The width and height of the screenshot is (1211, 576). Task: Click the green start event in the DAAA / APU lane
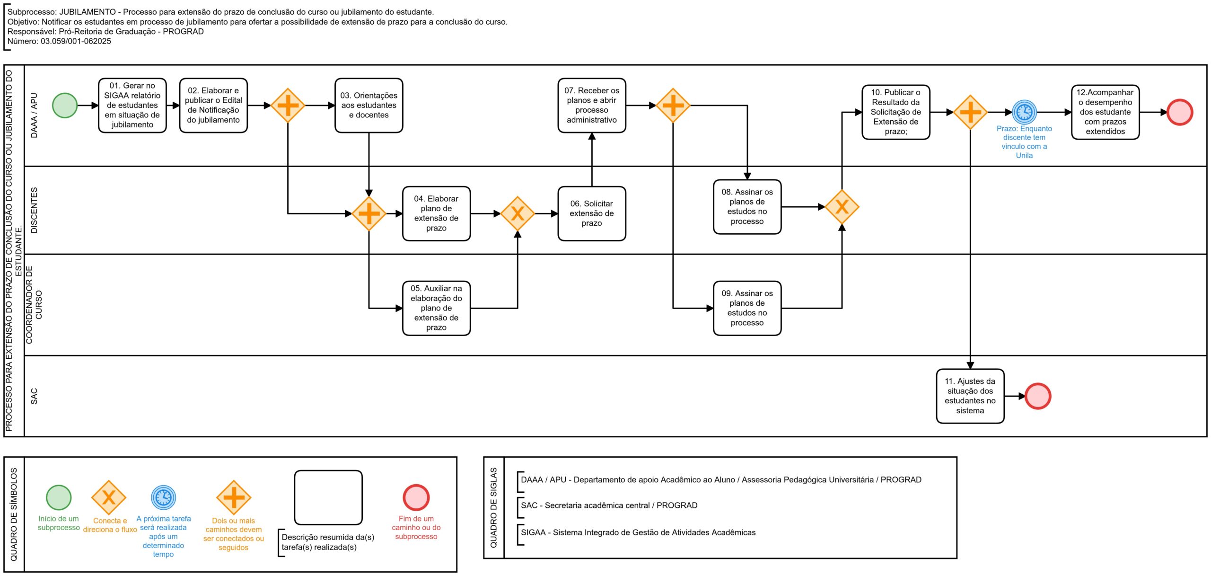pyautogui.click(x=65, y=105)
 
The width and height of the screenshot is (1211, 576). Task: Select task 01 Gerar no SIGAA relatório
pyautogui.click(x=132, y=105)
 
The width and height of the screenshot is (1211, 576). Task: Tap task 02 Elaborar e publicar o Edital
pyautogui.click(x=213, y=105)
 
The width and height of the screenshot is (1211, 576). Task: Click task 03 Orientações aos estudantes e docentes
pyautogui.click(x=369, y=105)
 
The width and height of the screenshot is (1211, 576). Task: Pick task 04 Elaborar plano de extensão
pyautogui.click(x=436, y=213)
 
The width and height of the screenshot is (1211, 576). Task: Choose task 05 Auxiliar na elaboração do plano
pyautogui.click(x=436, y=308)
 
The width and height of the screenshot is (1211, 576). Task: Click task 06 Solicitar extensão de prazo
pyautogui.click(x=592, y=213)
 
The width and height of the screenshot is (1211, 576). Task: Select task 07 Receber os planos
pyautogui.click(x=592, y=105)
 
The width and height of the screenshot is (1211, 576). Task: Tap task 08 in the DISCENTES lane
pyautogui.click(x=747, y=207)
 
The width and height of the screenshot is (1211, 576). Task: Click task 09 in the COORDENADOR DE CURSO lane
pyautogui.click(x=747, y=308)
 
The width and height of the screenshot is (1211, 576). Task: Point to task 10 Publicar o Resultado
pyautogui.click(x=896, y=112)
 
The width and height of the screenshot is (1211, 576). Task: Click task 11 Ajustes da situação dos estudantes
pyautogui.click(x=970, y=396)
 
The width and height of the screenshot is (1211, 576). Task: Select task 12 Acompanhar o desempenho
pyautogui.click(x=1106, y=112)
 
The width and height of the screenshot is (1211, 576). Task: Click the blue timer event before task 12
pyautogui.click(x=1024, y=112)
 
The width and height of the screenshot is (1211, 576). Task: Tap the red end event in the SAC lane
pyautogui.click(x=1038, y=396)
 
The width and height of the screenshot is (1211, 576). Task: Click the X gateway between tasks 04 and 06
pyautogui.click(x=518, y=213)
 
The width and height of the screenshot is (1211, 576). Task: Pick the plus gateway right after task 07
pyautogui.click(x=673, y=105)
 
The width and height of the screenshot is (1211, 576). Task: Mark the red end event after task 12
pyautogui.click(x=1180, y=112)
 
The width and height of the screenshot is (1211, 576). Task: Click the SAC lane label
pyautogui.click(x=34, y=396)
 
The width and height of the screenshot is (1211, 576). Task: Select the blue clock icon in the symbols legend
pyautogui.click(x=163, y=497)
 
